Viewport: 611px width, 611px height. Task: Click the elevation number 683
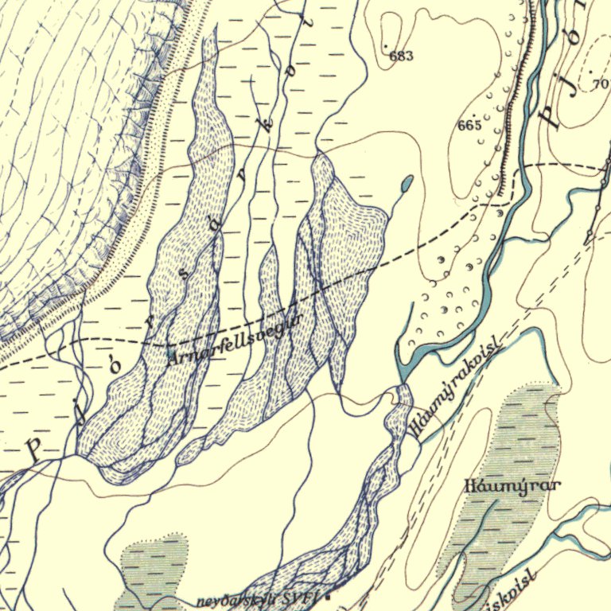point(402,56)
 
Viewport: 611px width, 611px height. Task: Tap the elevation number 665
point(469,126)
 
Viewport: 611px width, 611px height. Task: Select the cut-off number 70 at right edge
point(600,83)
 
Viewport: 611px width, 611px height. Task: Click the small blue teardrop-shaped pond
point(407,185)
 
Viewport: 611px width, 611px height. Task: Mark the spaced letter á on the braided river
point(215,225)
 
